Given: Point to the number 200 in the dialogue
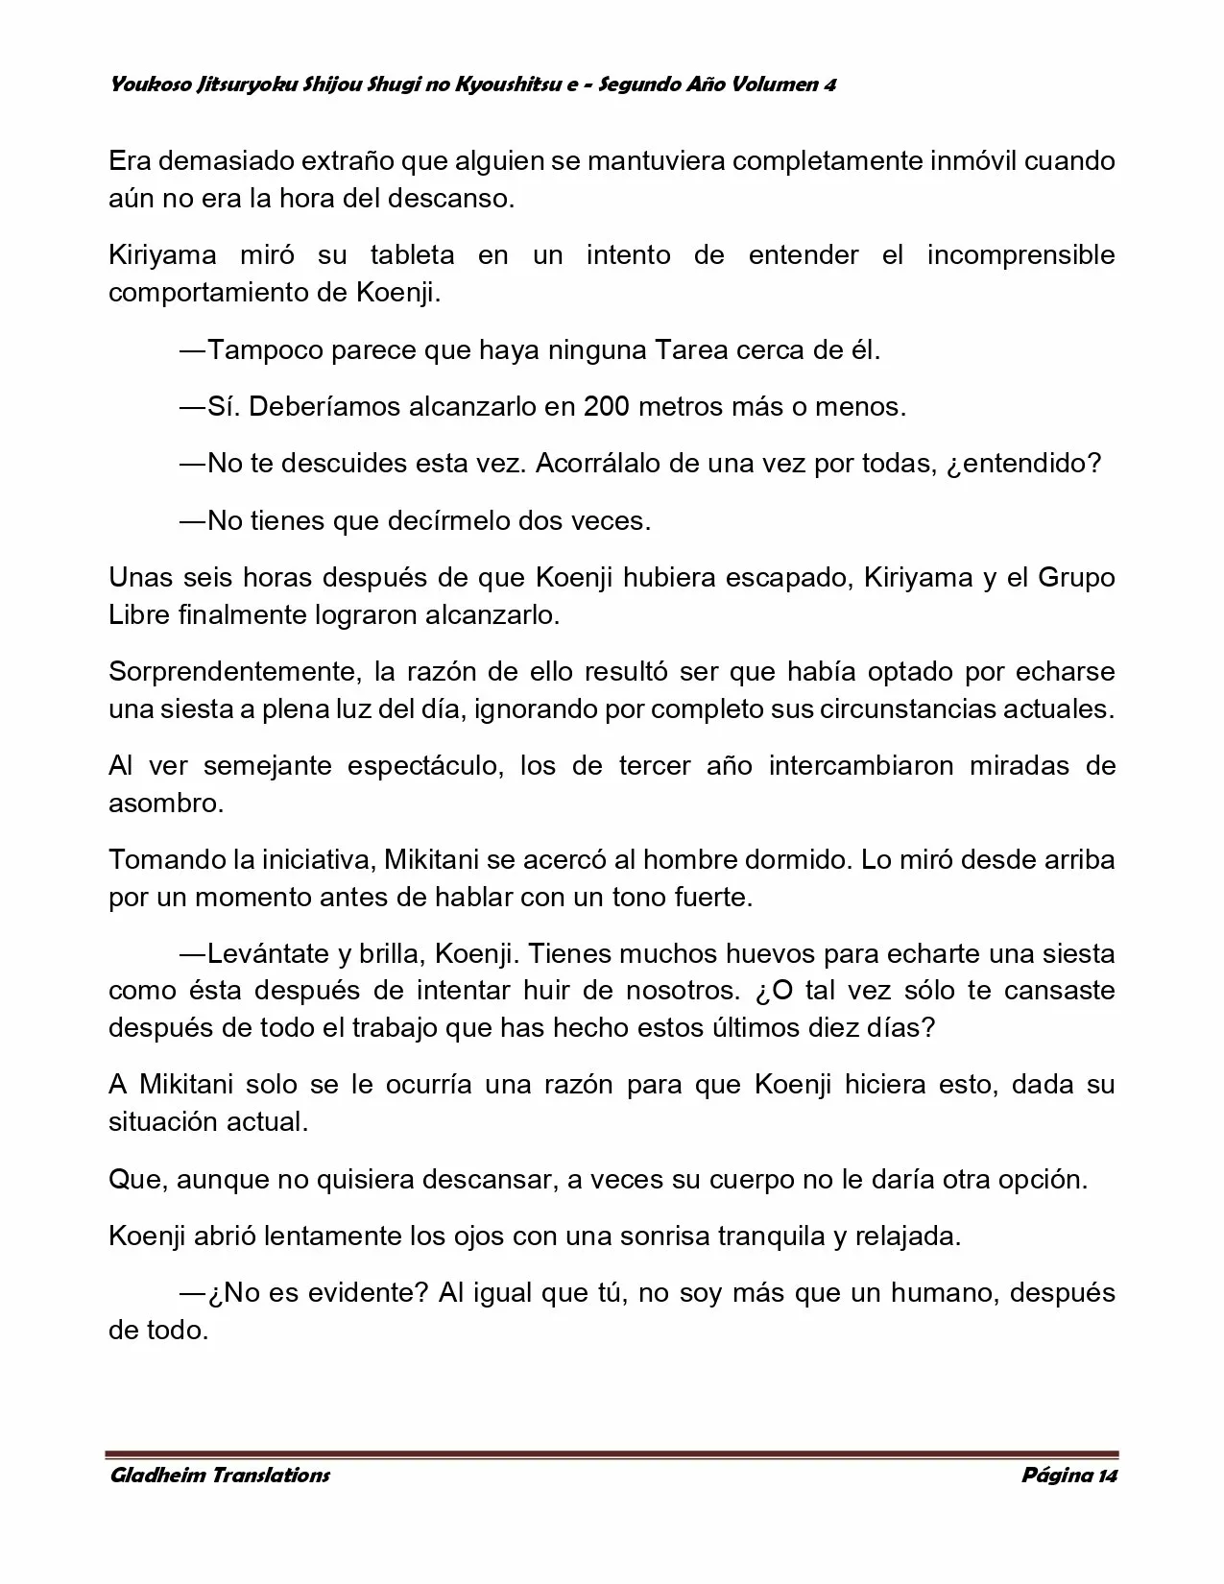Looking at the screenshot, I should pyautogui.click(x=606, y=407).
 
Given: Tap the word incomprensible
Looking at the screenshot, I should pyautogui.click(x=1020, y=255).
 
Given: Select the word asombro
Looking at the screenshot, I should pyautogui.click(x=165, y=804).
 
